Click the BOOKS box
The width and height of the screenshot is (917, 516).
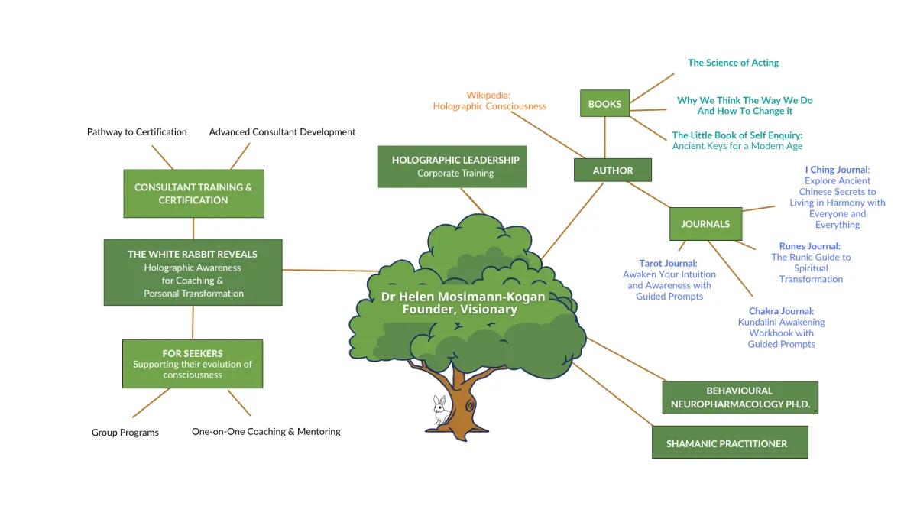[604, 104]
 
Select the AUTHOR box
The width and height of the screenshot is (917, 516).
[613, 170]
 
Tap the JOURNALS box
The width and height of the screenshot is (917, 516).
[705, 224]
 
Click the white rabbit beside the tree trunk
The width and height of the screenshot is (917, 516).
[441, 410]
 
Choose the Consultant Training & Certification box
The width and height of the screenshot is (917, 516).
[193, 194]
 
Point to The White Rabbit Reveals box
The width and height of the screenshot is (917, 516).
[193, 273]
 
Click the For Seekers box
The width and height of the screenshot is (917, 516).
[193, 364]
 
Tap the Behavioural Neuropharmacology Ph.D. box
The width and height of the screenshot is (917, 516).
[740, 398]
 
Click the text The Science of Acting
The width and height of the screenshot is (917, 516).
[733, 63]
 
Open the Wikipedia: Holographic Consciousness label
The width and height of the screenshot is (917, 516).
[489, 101]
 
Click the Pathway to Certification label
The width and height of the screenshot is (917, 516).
[137, 132]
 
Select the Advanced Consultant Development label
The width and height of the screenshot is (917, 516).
[282, 132]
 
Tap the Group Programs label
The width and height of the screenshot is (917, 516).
[125, 433]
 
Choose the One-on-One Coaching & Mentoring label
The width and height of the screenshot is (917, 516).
[266, 432]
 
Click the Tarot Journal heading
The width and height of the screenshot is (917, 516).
[669, 264]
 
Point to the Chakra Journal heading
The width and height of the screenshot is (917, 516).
[781, 311]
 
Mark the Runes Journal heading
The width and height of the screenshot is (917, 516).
[810, 246]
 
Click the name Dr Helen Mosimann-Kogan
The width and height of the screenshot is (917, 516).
[463, 297]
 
